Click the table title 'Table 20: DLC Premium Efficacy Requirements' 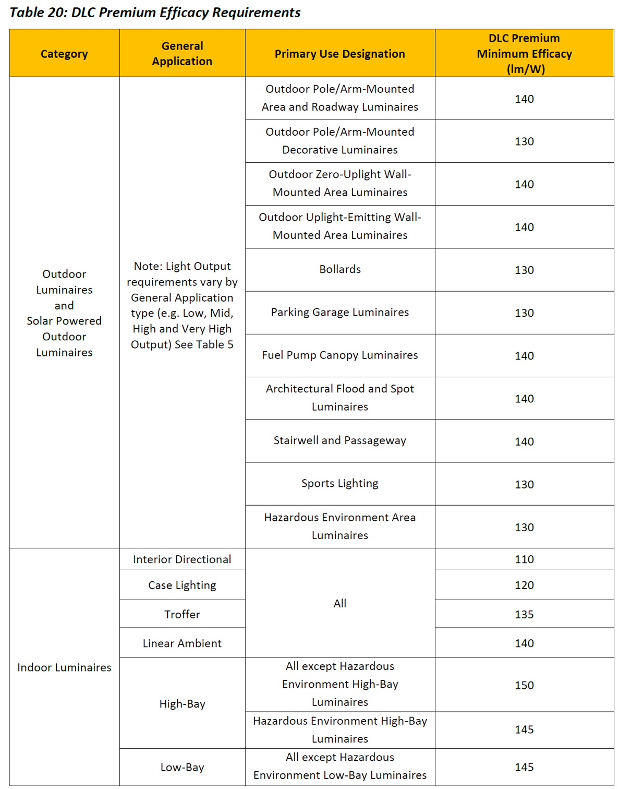pyautogui.click(x=155, y=13)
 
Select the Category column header pyautogui.click(x=64, y=54)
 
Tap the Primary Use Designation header pyautogui.click(x=339, y=54)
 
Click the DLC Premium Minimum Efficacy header pyautogui.click(x=524, y=54)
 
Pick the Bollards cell pyautogui.click(x=340, y=269)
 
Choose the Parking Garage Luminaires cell pyautogui.click(x=340, y=312)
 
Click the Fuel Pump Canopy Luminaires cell pyautogui.click(x=340, y=355)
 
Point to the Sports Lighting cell pyautogui.click(x=340, y=483)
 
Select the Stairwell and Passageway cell pyautogui.click(x=340, y=440)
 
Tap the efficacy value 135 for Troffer pyautogui.click(x=524, y=614)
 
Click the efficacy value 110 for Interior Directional pyautogui.click(x=524, y=559)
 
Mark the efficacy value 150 pyautogui.click(x=524, y=685)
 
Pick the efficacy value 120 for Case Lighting pyautogui.click(x=524, y=585)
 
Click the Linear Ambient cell pyautogui.click(x=182, y=643)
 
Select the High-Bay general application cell pyautogui.click(x=182, y=704)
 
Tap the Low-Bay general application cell pyautogui.click(x=182, y=767)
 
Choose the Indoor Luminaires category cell pyautogui.click(x=64, y=667)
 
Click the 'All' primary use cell pyautogui.click(x=340, y=603)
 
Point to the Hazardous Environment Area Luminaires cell pyautogui.click(x=340, y=526)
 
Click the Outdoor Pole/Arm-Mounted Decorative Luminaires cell pyautogui.click(x=340, y=141)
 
